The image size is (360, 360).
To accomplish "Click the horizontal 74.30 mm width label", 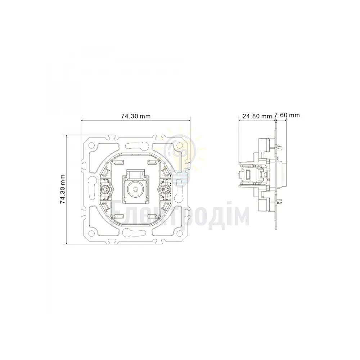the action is tap(136, 116).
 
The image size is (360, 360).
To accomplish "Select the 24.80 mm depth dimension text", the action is tap(257, 116).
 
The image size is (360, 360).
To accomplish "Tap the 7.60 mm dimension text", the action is tap(287, 115).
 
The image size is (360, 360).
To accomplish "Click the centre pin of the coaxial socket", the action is tap(135, 189).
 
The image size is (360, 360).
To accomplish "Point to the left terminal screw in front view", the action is tap(105, 189).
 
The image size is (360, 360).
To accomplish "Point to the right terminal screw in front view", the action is tap(165, 189).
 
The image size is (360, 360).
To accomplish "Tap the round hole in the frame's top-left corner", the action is tap(91, 145).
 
